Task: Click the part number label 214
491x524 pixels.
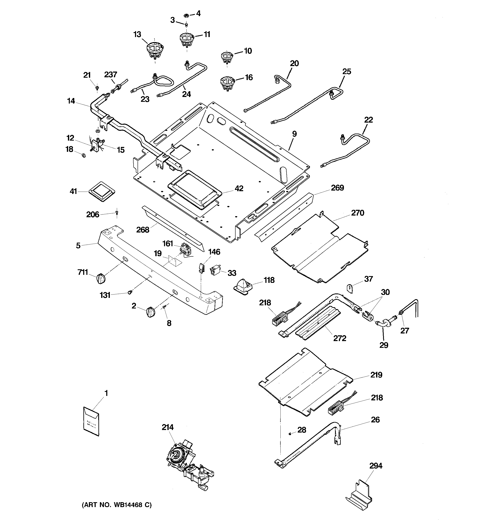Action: [x=167, y=427]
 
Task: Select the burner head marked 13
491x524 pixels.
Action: [x=155, y=51]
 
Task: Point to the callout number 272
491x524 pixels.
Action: [x=339, y=338]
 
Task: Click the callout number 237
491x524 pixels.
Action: [x=110, y=75]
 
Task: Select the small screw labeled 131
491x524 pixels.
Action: [x=129, y=292]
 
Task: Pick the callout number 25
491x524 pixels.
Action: [x=347, y=71]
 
